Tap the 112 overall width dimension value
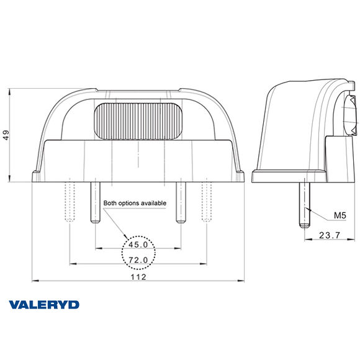tap(139, 277)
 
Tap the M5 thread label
tap(340, 215)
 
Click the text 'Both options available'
tap(135, 203)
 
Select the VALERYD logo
tap(44, 305)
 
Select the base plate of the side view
tap(290, 176)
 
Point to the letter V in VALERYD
tap(14, 305)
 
